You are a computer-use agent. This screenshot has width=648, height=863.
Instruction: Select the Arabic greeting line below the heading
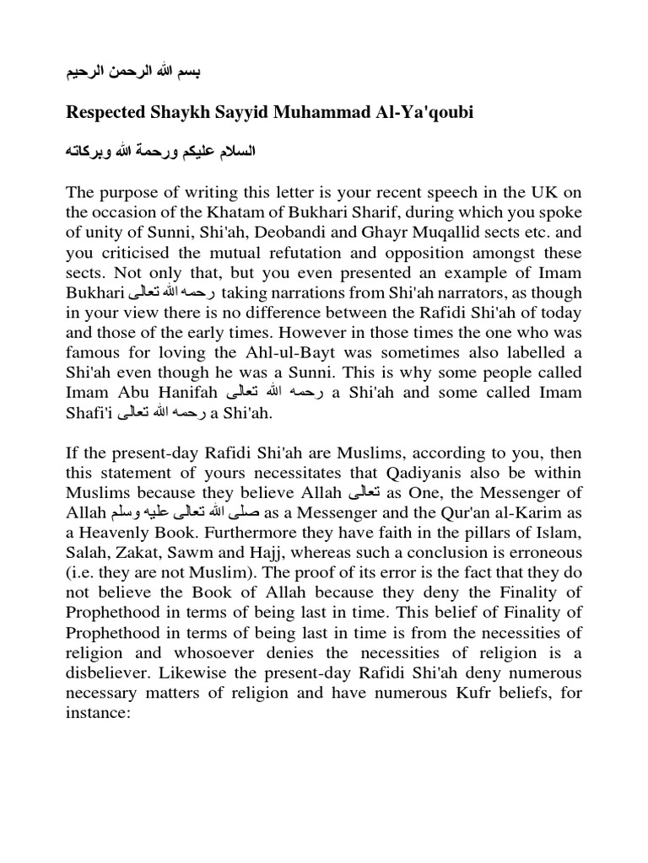[x=160, y=154]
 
